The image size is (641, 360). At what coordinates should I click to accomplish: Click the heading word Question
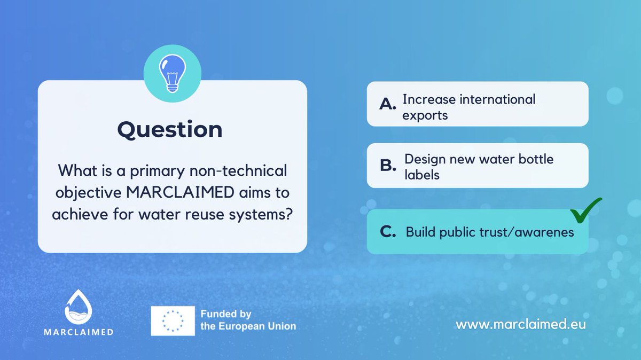(x=170, y=130)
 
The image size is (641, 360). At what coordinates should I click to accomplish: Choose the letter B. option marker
(x=387, y=166)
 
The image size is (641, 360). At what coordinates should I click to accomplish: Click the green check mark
(x=586, y=210)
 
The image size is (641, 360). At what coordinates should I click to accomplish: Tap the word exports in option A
(x=425, y=115)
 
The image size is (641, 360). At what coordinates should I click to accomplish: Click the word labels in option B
(x=422, y=174)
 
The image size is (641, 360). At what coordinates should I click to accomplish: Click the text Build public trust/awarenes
(x=490, y=232)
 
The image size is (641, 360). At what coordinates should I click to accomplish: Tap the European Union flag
(x=173, y=320)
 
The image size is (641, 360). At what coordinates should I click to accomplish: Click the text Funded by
(x=226, y=314)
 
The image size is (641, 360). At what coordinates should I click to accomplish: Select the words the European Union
(x=248, y=326)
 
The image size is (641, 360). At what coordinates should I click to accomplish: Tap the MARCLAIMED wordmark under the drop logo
(x=87, y=331)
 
